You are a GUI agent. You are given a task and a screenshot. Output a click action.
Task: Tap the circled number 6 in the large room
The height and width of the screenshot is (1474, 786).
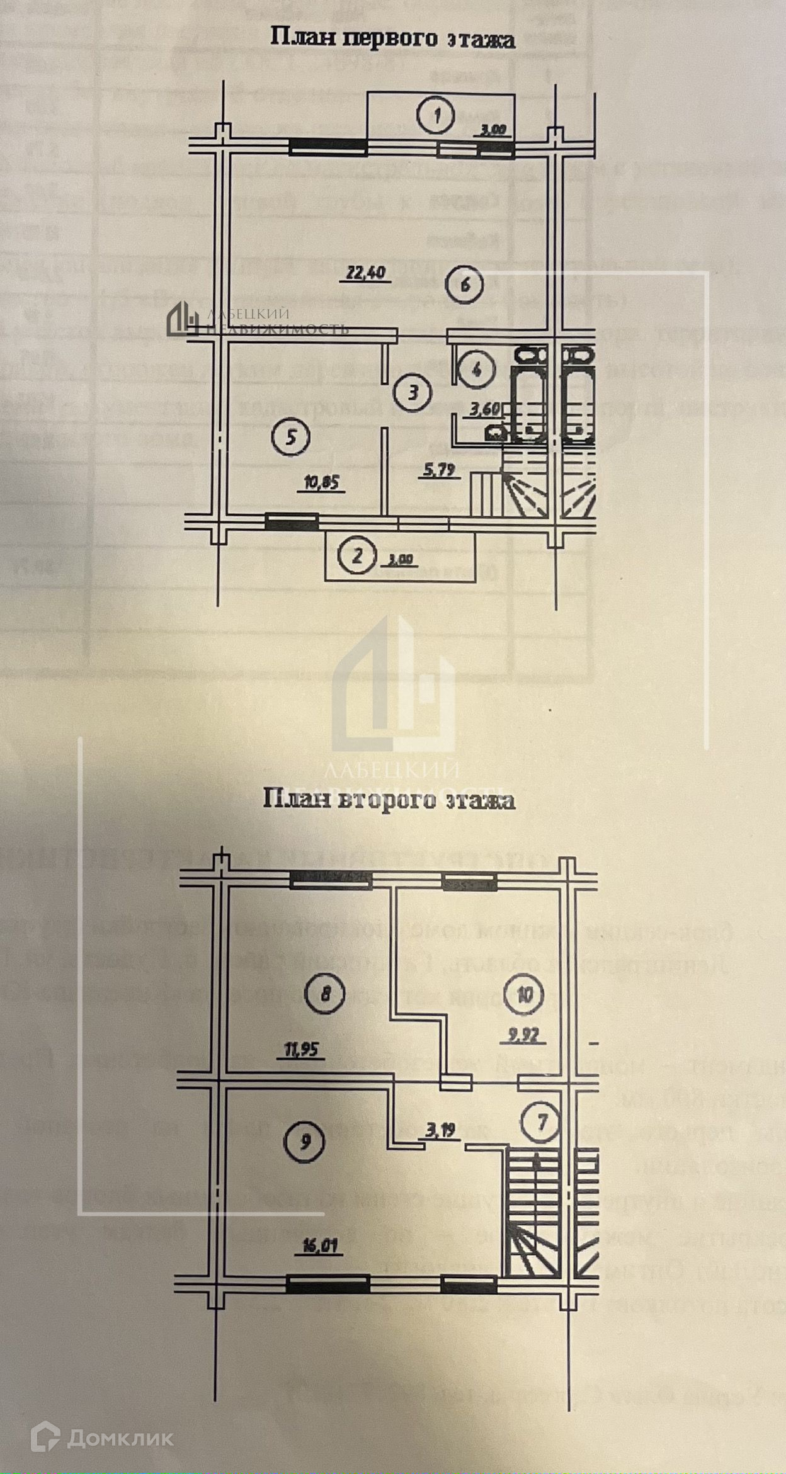pos(465,285)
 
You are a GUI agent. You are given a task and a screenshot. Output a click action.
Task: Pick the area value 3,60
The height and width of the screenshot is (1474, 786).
pos(484,409)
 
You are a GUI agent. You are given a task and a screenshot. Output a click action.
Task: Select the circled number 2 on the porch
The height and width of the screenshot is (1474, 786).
pos(357,556)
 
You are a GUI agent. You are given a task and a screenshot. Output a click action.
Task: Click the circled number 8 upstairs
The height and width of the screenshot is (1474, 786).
pos(325,994)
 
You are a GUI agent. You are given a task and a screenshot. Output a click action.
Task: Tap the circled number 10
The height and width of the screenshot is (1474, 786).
pos(527,995)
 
